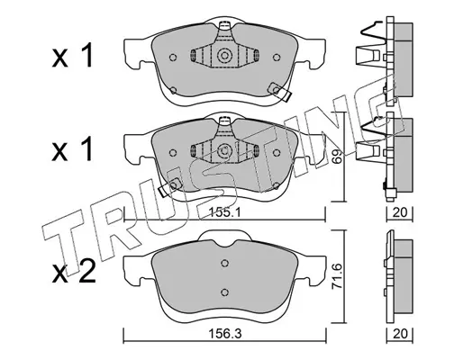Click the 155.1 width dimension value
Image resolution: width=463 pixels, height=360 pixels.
pyautogui.click(x=224, y=212)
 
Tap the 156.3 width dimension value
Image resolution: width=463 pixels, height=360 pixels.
pyautogui.click(x=225, y=333)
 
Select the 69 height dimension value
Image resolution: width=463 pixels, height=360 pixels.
pyautogui.click(x=338, y=156)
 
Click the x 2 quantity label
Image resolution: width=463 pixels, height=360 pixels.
pyautogui.click(x=74, y=272)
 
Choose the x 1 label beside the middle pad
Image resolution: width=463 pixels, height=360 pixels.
pyautogui.click(x=72, y=150)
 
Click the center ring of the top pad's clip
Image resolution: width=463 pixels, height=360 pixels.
pyautogui.click(x=224, y=56)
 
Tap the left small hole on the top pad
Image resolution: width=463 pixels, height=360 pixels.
pyautogui.click(x=173, y=57)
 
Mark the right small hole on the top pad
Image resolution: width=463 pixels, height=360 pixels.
pyautogui.click(x=277, y=57)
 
